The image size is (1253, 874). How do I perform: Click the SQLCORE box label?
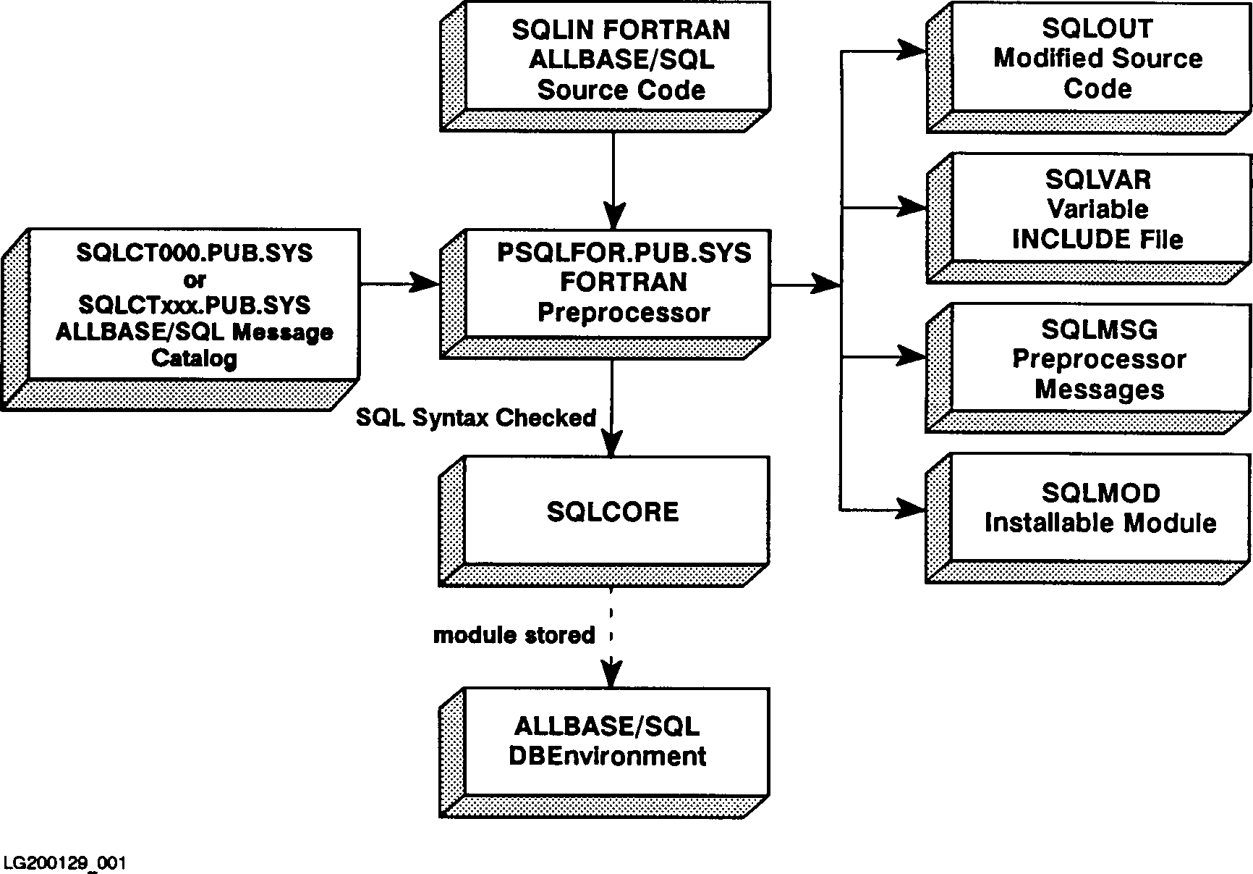[613, 512]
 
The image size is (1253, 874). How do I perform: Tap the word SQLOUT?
[1097, 28]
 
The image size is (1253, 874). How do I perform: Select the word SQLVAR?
[1097, 179]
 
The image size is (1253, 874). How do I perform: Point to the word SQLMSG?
[1099, 329]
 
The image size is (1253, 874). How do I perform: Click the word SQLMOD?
[1100, 493]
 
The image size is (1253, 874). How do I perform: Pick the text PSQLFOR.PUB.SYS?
[624, 253]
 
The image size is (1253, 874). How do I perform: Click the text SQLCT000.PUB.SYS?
[194, 253]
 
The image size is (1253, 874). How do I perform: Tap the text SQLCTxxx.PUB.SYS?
[194, 305]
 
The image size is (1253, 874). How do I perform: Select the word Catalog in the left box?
[194, 358]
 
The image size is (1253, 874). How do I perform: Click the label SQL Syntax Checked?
[475, 418]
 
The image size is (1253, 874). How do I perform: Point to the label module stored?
[514, 635]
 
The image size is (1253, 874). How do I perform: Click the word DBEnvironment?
[607, 756]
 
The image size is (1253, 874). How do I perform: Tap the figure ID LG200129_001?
[64, 863]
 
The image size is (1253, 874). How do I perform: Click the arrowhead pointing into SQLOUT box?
[912, 51]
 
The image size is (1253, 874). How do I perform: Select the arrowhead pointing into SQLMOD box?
[912, 510]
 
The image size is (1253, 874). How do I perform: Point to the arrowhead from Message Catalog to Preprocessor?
[425, 283]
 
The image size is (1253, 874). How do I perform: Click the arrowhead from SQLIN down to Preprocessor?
[613, 216]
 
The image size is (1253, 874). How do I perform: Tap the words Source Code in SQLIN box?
[621, 91]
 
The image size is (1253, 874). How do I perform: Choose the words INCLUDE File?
[1097, 239]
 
